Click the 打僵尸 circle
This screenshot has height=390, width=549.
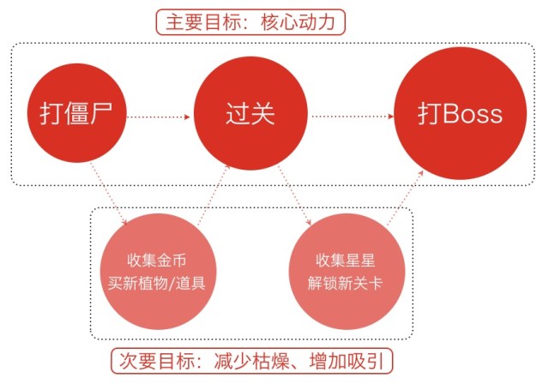tap(76, 113)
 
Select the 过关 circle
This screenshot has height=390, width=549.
tap(250, 113)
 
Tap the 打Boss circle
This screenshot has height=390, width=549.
tap(460, 113)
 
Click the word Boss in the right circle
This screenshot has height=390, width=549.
tap(473, 114)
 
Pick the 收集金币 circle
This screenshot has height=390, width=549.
tap(158, 272)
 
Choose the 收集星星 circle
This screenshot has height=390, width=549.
tap(347, 272)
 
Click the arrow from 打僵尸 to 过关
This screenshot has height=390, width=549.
tap(158, 117)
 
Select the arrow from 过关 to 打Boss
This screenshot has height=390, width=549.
tap(352, 117)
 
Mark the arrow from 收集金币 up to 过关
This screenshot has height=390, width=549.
tap(214, 195)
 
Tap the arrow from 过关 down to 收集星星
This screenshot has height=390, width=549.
tap(294, 196)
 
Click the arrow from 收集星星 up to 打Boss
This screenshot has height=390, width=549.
tap(405, 198)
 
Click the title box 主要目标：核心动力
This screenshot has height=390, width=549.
tap(250, 22)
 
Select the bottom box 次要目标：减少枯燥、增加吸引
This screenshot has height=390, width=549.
tap(252, 361)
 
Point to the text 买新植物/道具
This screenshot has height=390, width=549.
tap(156, 283)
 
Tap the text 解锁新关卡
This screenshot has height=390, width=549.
tap(345, 283)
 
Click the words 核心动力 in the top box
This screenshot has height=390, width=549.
tap(298, 22)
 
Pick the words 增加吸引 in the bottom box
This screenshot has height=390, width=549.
tap(347, 361)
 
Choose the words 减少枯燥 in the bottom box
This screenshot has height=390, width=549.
tap(251, 361)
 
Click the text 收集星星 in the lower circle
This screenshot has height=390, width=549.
tap(345, 261)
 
